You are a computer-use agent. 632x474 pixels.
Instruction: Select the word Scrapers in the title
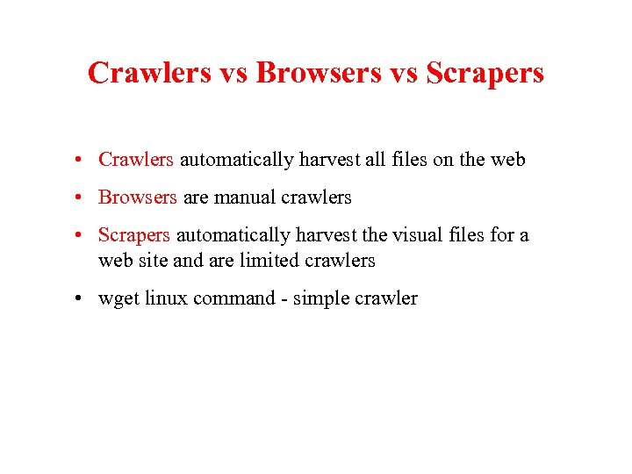(x=485, y=73)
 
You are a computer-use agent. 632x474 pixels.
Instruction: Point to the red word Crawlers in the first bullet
(x=136, y=160)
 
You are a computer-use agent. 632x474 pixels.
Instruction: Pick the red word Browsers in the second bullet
(x=137, y=197)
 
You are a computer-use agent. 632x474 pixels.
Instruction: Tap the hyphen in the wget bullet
(x=284, y=298)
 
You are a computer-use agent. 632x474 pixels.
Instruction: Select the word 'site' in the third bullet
(x=155, y=261)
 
